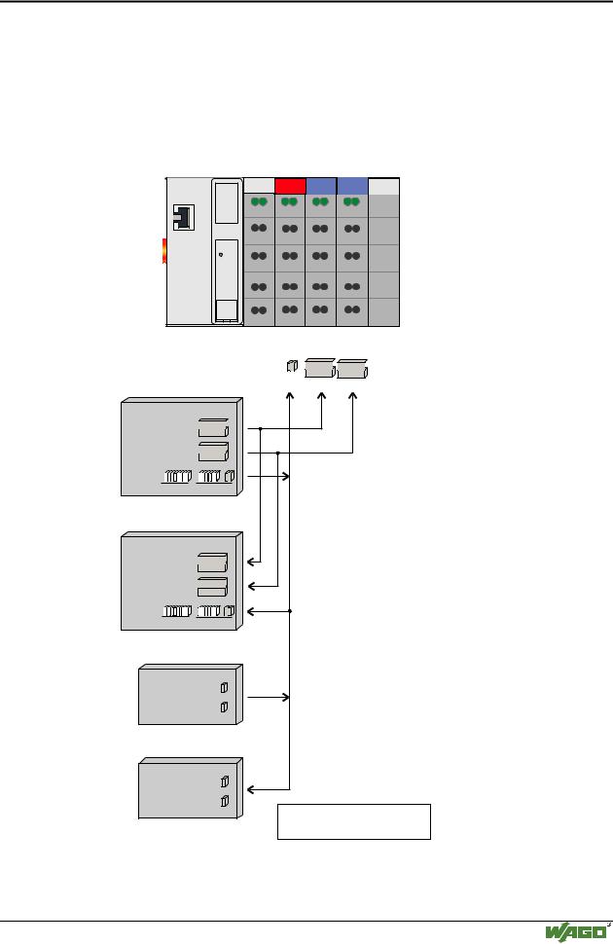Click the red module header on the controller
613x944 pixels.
click(290, 186)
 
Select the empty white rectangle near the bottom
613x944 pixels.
click(354, 821)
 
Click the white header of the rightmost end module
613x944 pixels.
click(383, 186)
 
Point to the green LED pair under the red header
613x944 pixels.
click(290, 202)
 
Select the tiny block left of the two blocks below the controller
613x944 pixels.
click(290, 367)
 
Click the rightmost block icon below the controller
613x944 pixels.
click(353, 370)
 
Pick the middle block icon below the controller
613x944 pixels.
click(319, 369)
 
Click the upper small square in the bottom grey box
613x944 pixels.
click(224, 781)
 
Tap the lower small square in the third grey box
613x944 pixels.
click(224, 707)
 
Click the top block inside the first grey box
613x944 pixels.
click(212, 429)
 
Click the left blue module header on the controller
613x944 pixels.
click(321, 186)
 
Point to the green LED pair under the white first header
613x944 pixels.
click(259, 202)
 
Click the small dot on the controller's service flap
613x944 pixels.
click(222, 255)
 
